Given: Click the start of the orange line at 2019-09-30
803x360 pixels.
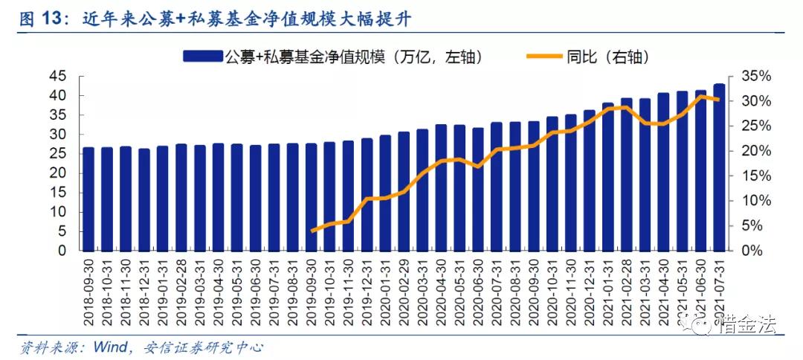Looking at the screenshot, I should pos(312,231).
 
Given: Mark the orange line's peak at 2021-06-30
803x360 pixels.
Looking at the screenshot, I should pos(701,96).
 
